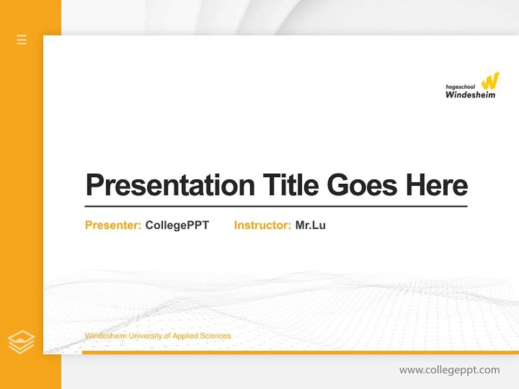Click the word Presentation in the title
170,185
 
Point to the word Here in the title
436,185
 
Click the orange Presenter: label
113,225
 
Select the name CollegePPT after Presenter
177,225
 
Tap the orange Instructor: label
262,225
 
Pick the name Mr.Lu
310,225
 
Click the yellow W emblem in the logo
490,81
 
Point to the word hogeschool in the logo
460,86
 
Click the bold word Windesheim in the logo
470,95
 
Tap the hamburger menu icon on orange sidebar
22,39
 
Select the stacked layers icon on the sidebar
21,341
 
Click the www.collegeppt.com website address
449,370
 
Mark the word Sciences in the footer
215,336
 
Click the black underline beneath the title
276,206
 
